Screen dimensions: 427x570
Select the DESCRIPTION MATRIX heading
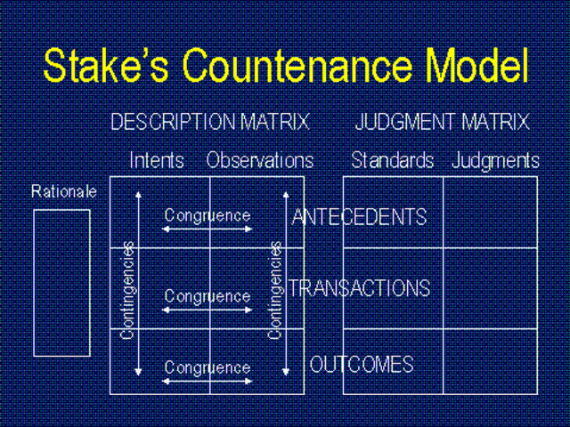209,122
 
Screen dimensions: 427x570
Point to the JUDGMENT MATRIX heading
442,122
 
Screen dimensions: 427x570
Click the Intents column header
157,160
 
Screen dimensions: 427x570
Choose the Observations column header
260,160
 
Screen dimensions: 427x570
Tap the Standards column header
392,160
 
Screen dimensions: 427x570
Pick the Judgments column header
495,160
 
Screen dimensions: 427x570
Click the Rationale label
63,190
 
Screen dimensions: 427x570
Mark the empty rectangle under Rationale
61,282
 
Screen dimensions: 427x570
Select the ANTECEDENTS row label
359,217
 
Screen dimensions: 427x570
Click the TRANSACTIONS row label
359,288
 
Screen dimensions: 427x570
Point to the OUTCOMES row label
362,364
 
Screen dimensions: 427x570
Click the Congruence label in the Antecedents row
208,215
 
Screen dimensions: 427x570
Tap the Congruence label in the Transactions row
208,295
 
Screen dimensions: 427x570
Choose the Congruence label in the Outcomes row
208,367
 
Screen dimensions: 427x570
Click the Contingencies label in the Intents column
127,290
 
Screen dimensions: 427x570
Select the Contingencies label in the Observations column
276,290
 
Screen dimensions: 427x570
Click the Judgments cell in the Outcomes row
489,361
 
